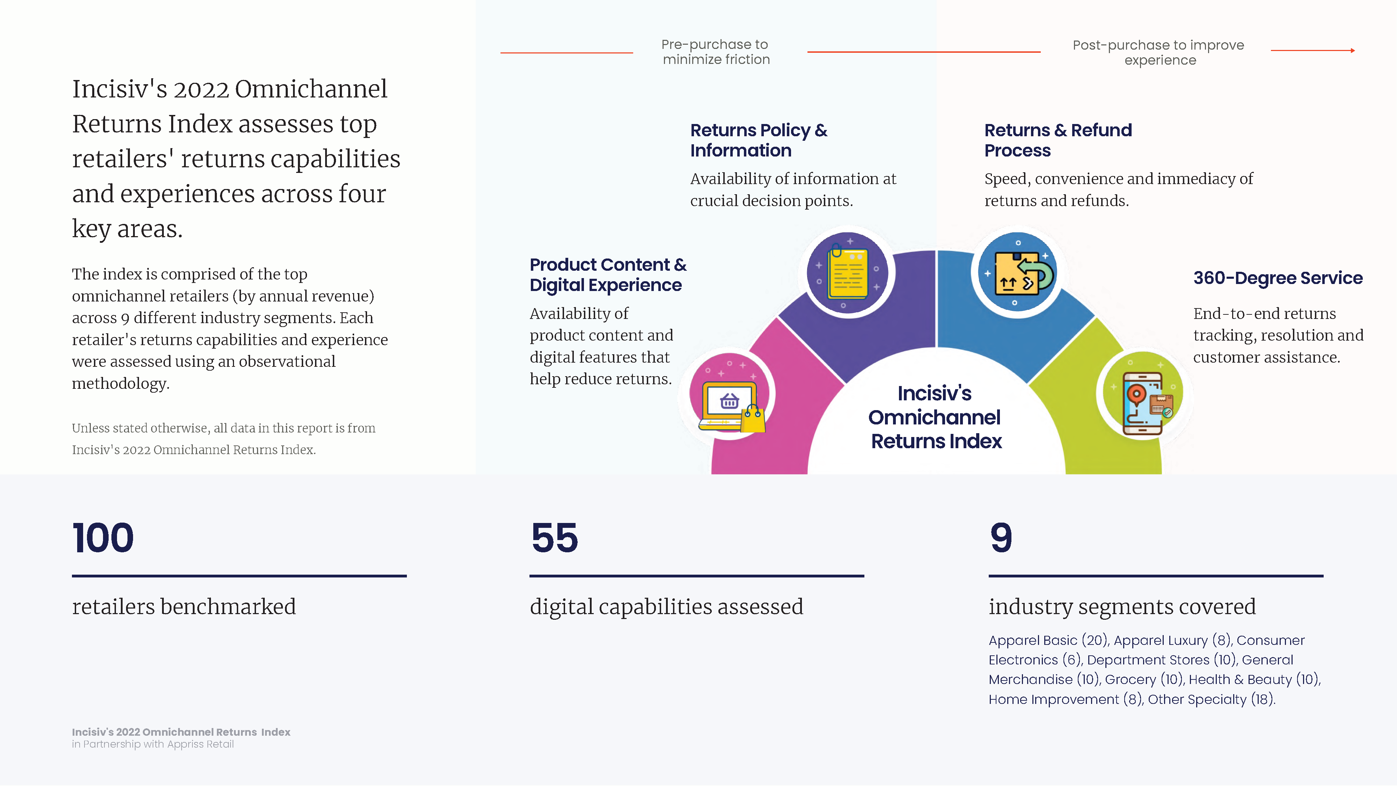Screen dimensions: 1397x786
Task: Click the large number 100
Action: (x=103, y=538)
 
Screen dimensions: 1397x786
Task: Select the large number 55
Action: (x=554, y=538)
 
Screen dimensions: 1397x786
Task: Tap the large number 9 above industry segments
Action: (x=1001, y=538)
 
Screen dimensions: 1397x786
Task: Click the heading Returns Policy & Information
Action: (x=759, y=140)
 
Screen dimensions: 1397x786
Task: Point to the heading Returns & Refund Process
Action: (x=1058, y=140)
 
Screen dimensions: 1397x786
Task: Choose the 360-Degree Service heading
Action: (x=1278, y=278)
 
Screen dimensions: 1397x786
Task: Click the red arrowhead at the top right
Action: (x=1353, y=50)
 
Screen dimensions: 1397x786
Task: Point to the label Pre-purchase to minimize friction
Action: (x=716, y=52)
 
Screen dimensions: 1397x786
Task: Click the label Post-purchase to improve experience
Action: (x=1159, y=52)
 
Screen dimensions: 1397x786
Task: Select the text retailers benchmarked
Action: (x=184, y=606)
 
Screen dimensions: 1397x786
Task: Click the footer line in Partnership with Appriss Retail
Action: (x=153, y=744)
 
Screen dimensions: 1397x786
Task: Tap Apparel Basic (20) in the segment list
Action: (x=1048, y=640)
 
